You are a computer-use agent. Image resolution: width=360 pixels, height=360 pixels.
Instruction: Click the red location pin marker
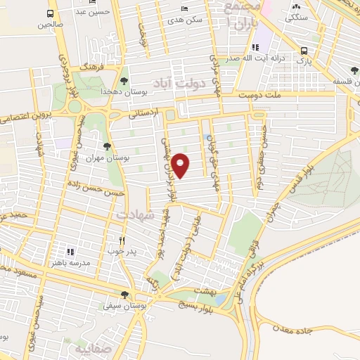[181, 165]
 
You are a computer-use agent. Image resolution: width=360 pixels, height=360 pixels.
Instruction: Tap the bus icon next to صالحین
[51, 13]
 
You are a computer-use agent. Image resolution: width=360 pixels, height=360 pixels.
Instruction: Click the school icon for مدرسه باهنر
[70, 251]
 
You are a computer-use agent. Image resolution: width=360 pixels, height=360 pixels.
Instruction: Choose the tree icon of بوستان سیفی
[124, 295]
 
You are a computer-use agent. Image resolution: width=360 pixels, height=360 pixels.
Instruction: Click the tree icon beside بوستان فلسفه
[354, 70]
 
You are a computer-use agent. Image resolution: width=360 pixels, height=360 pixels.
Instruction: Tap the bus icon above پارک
[304, 51]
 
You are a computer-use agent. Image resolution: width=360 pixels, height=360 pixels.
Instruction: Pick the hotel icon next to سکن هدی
[184, 8]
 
